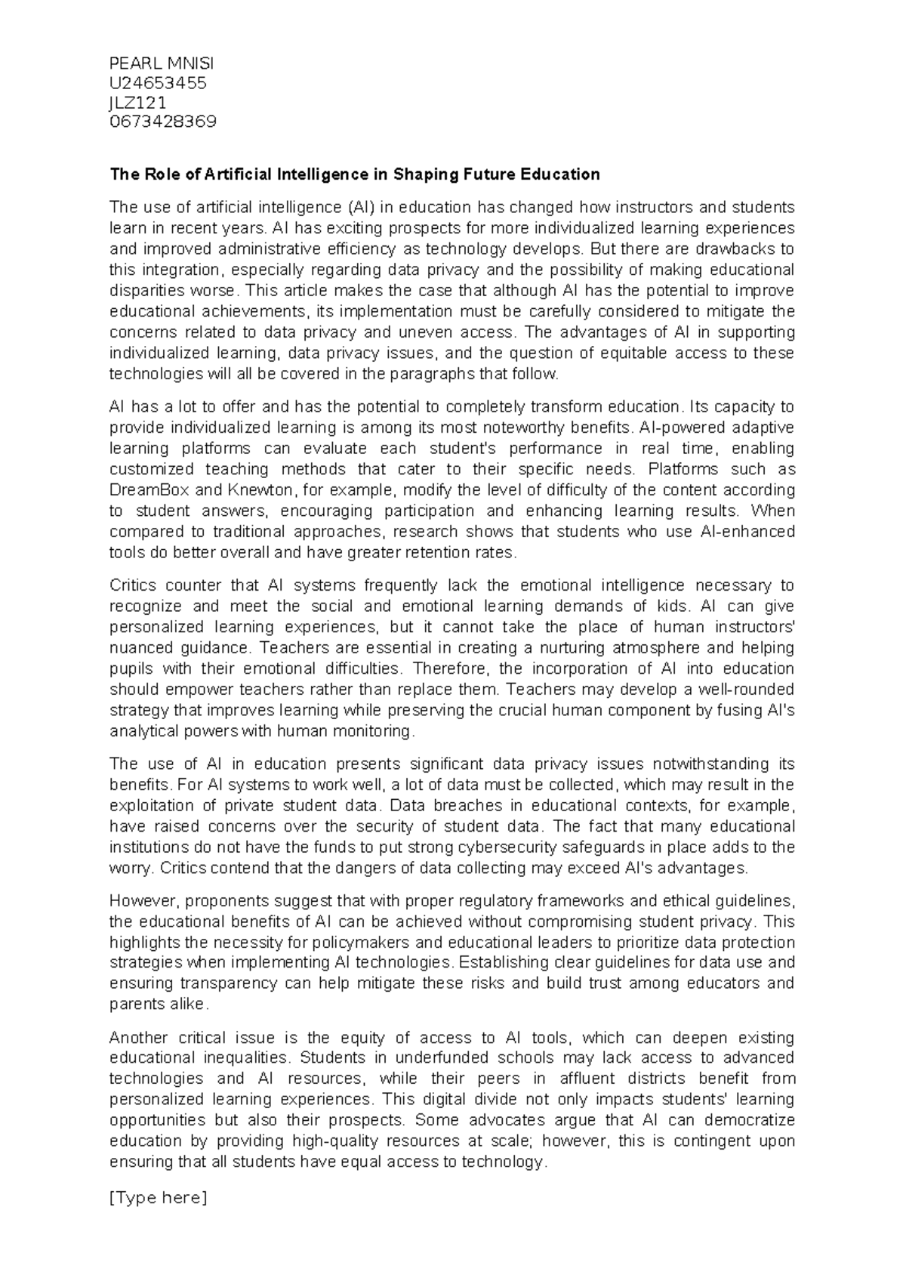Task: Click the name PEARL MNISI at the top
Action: click(x=162, y=63)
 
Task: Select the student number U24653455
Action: click(x=158, y=82)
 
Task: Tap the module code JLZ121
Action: click(x=138, y=102)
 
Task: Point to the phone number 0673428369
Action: click(x=163, y=122)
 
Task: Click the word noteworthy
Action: click(x=532, y=428)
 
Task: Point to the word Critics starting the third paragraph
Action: click(x=134, y=585)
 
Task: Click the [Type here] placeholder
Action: click(x=158, y=1198)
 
